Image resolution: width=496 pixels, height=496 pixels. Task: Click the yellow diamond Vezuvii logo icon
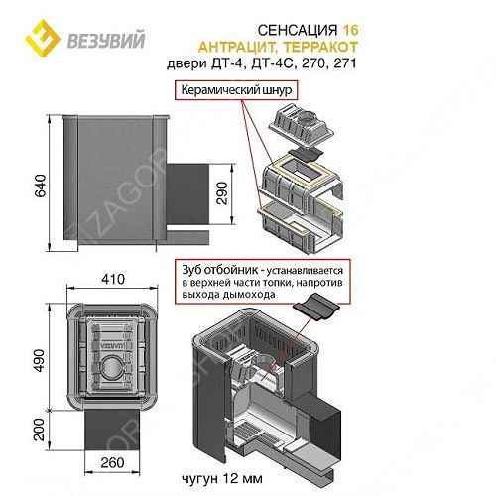pos(43,38)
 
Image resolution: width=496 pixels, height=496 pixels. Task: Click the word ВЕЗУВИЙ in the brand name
pos(106,40)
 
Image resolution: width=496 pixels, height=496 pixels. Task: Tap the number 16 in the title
pos(350,31)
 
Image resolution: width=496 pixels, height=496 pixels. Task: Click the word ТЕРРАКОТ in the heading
pos(320,47)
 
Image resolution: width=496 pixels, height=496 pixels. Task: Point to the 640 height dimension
pos(41,186)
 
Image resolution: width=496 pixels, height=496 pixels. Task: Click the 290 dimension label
pos(222,193)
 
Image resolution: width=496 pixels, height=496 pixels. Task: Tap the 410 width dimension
pos(113,279)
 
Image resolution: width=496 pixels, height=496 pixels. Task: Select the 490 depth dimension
pos(39,361)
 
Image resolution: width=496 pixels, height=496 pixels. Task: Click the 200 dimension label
pos(39,430)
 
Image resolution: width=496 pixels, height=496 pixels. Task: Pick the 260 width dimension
pos(112,462)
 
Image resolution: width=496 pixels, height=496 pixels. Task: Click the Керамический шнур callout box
pos(236,90)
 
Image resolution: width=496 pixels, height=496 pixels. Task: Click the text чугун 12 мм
pos(222,478)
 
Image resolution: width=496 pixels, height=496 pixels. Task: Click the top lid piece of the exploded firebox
pos(302,125)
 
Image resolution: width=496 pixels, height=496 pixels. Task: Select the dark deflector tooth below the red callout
pos(316,307)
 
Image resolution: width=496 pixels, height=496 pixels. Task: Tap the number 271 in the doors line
pos(345,63)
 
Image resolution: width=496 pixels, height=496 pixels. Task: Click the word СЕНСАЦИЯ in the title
pos(298,31)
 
